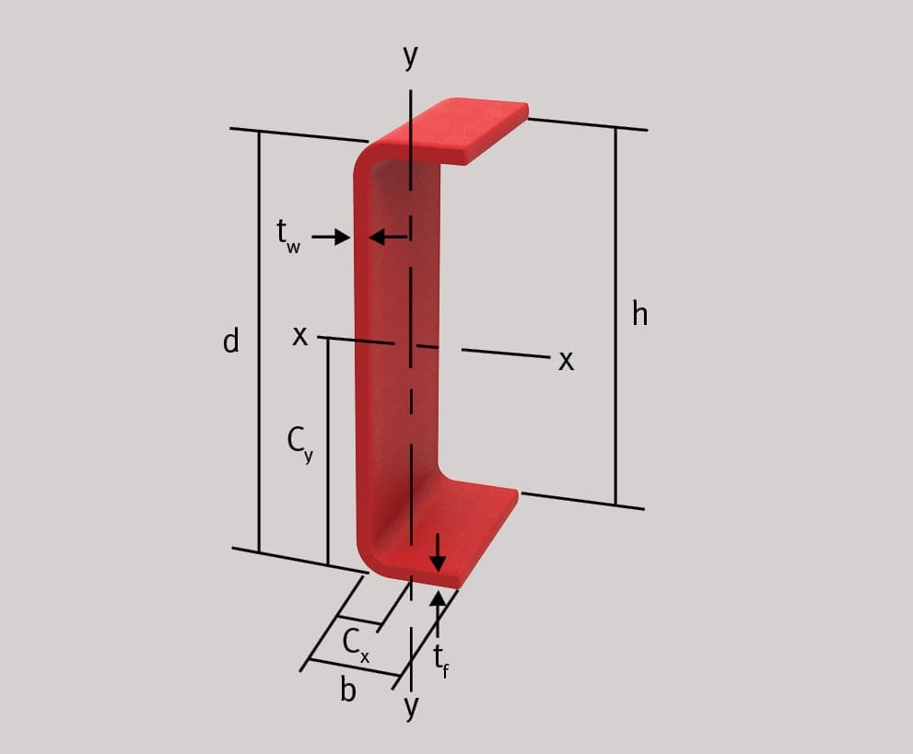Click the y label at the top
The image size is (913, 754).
(411, 57)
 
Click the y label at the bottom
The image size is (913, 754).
(411, 707)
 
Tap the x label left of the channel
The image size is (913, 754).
(299, 336)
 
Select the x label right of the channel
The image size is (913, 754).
(566, 361)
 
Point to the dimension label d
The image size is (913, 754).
(231, 341)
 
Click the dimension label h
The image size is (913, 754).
(640, 314)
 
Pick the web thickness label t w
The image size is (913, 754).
(288, 237)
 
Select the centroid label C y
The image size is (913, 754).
(299, 445)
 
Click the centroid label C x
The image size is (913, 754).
(356, 645)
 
